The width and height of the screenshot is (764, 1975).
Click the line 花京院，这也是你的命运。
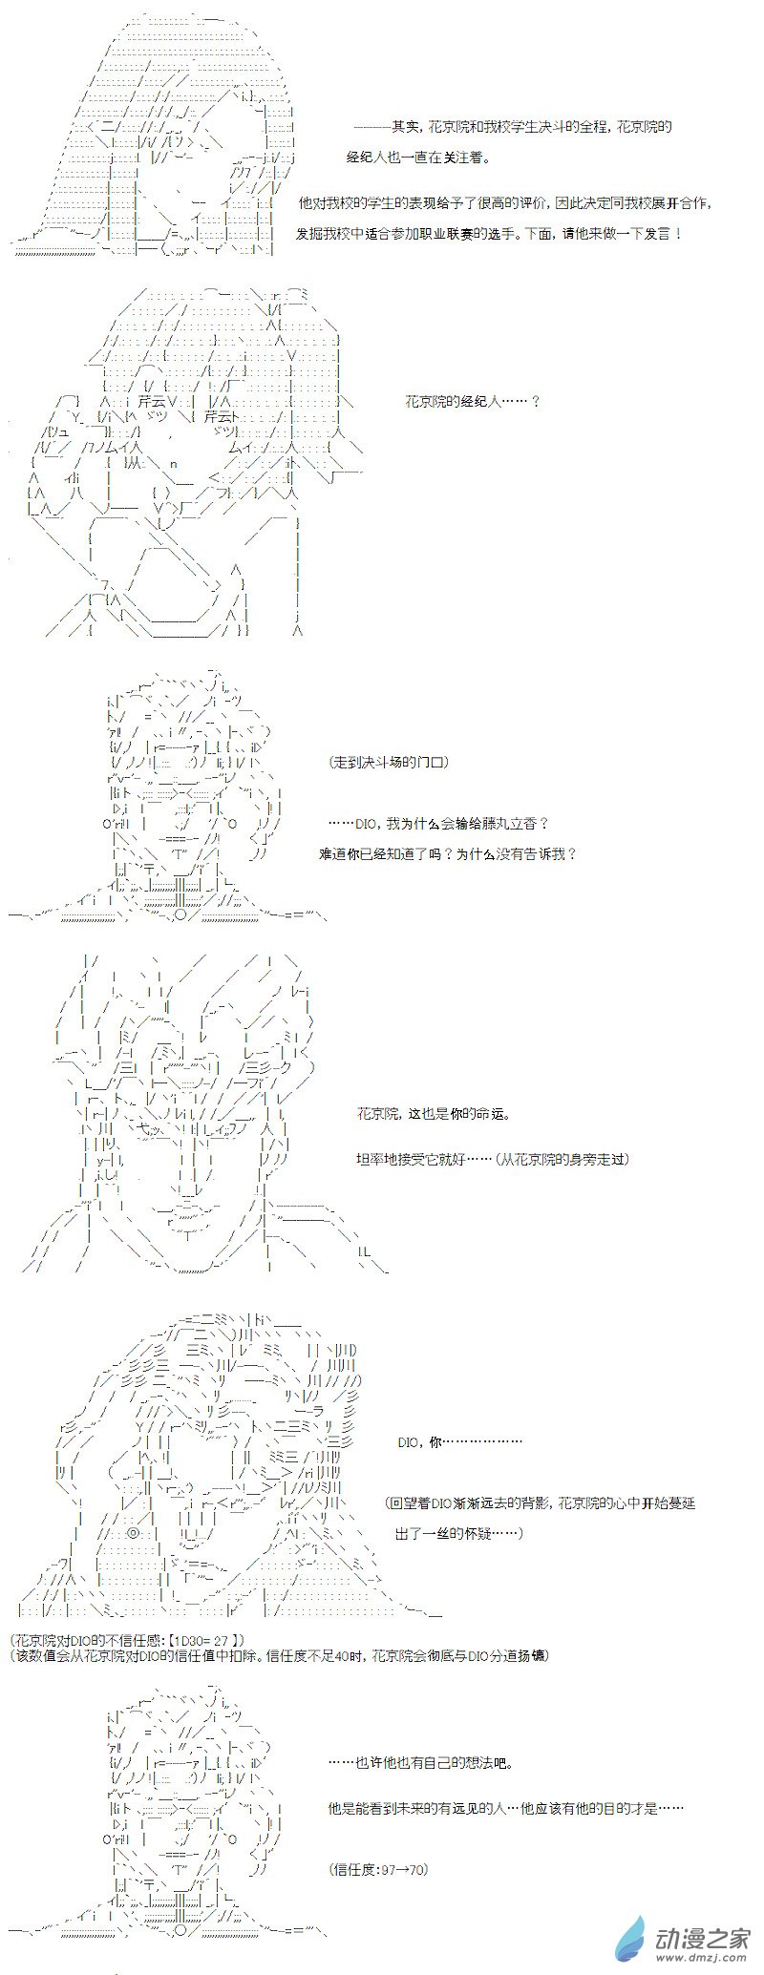tap(434, 1114)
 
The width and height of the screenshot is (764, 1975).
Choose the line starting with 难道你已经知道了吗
tap(448, 853)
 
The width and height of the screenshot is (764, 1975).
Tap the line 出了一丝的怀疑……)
tap(457, 1534)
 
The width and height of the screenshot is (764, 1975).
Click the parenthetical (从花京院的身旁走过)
tap(556, 1159)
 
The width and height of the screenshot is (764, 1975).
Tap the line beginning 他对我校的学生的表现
tap(505, 204)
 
